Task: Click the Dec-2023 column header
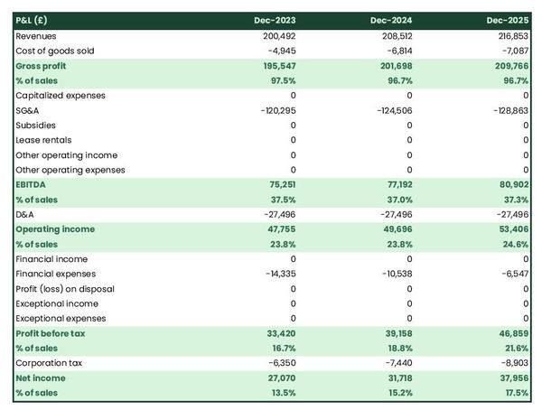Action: (x=276, y=20)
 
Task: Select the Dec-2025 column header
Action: (x=509, y=20)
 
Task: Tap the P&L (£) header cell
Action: (x=33, y=20)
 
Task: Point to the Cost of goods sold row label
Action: (x=54, y=51)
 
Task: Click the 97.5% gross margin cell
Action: (x=280, y=81)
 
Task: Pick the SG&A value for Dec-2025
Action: (x=509, y=110)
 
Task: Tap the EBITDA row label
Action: (x=33, y=184)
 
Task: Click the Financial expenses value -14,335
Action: (x=276, y=274)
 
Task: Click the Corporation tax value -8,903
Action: (x=511, y=363)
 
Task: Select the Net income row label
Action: (x=39, y=377)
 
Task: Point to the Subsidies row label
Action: (x=35, y=126)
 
